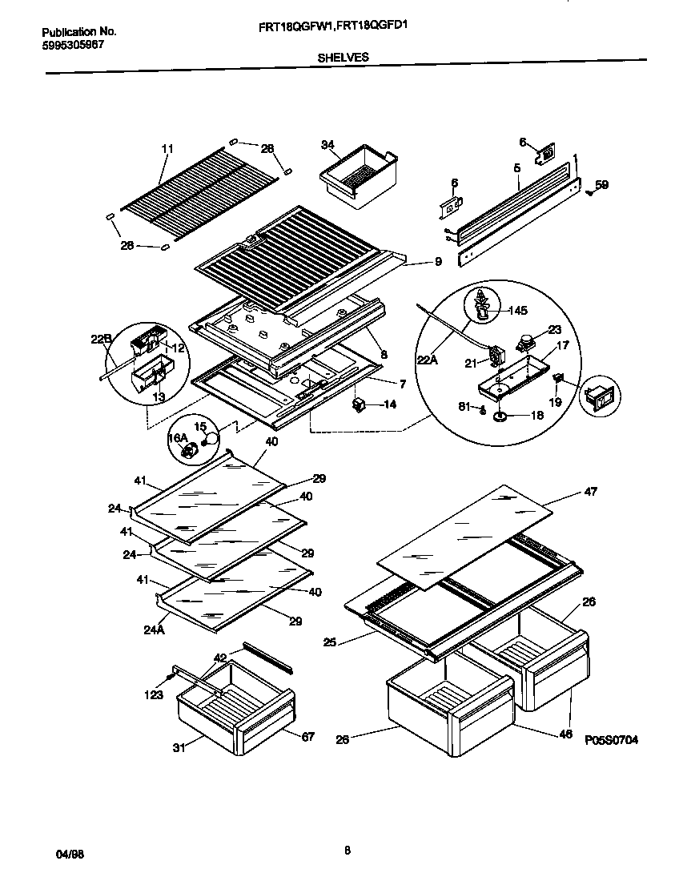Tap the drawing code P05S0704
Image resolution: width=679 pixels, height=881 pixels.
(x=611, y=741)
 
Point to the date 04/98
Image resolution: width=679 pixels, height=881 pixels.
(x=70, y=854)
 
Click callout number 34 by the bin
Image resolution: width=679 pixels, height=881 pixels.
(x=327, y=145)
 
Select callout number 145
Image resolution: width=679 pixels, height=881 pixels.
(x=517, y=310)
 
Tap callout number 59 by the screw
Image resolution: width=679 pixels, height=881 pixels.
(x=602, y=184)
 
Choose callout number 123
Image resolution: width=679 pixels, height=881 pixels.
(x=154, y=694)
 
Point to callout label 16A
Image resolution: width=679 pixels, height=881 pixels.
(x=176, y=438)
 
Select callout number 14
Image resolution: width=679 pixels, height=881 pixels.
(x=389, y=404)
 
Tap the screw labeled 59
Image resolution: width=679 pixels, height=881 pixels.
(x=589, y=191)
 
